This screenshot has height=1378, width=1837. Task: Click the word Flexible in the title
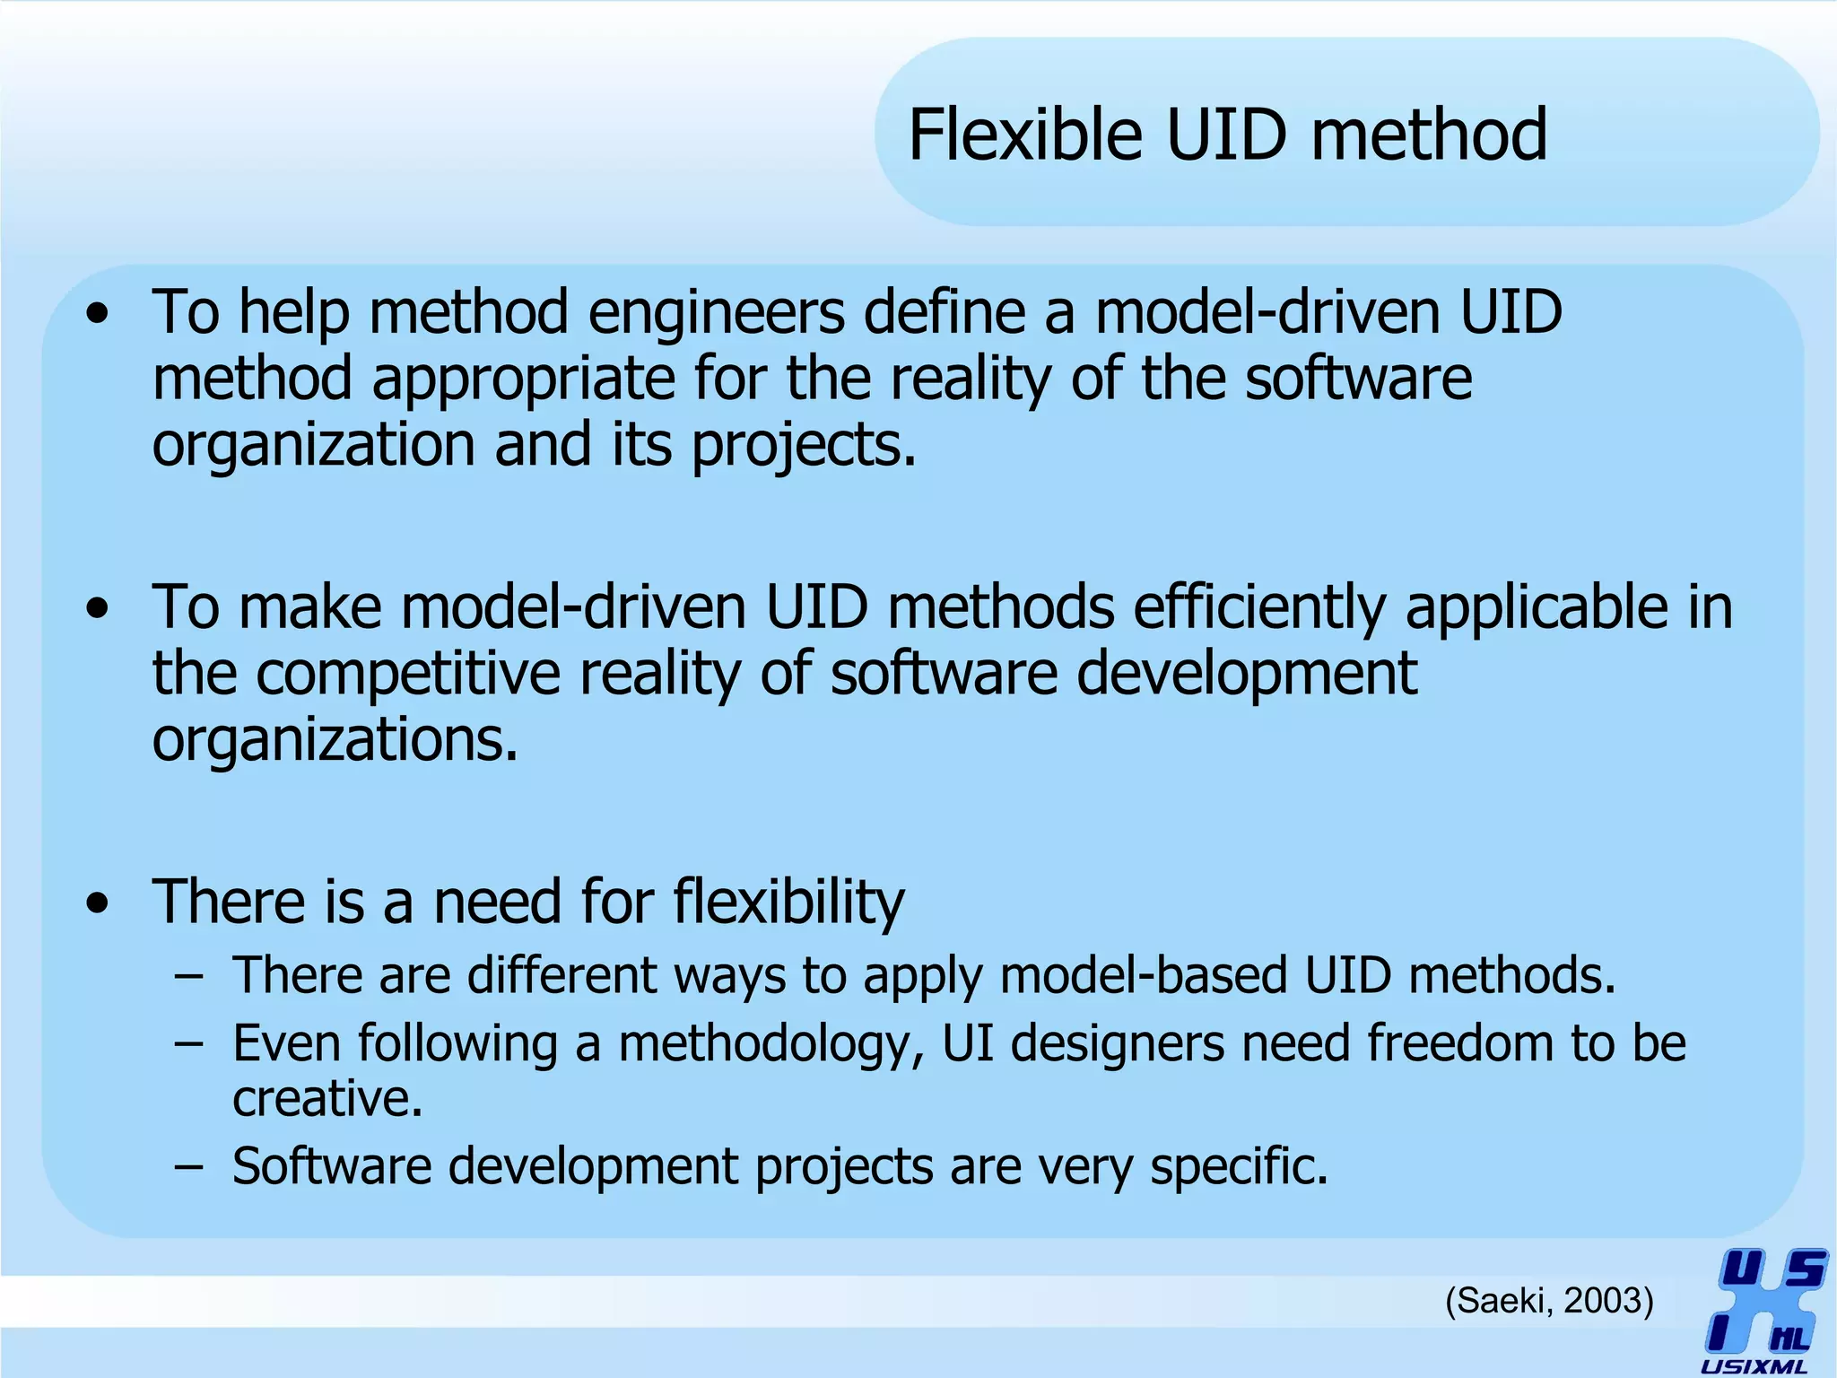coord(1025,135)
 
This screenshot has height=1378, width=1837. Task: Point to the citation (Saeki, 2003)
coord(1549,1300)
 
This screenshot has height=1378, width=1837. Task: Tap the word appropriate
coord(523,379)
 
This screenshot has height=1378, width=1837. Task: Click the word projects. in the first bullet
coord(804,446)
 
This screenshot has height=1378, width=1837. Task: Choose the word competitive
coord(409,674)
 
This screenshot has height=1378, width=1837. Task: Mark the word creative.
coord(327,1098)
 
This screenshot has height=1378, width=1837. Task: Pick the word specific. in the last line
coord(1238,1166)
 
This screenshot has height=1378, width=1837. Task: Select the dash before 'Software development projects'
coord(189,1166)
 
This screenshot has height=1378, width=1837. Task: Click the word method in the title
coord(1429,135)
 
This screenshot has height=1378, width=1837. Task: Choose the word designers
coord(1118,1043)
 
